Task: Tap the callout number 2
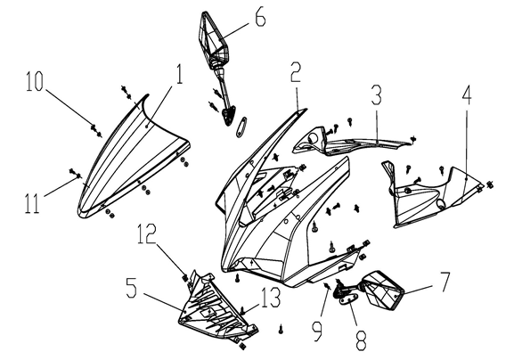coord(296,70)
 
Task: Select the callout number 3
coord(376,94)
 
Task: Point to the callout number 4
coord(467,94)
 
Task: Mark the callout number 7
coord(445,282)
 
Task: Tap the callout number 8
coord(362,340)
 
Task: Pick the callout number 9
coord(317,331)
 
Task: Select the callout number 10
coord(35,81)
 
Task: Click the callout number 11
coord(32,203)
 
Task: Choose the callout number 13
coord(272,298)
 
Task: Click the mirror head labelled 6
coord(213,37)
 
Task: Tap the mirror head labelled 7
coord(384,290)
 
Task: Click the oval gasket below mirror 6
coord(242,127)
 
